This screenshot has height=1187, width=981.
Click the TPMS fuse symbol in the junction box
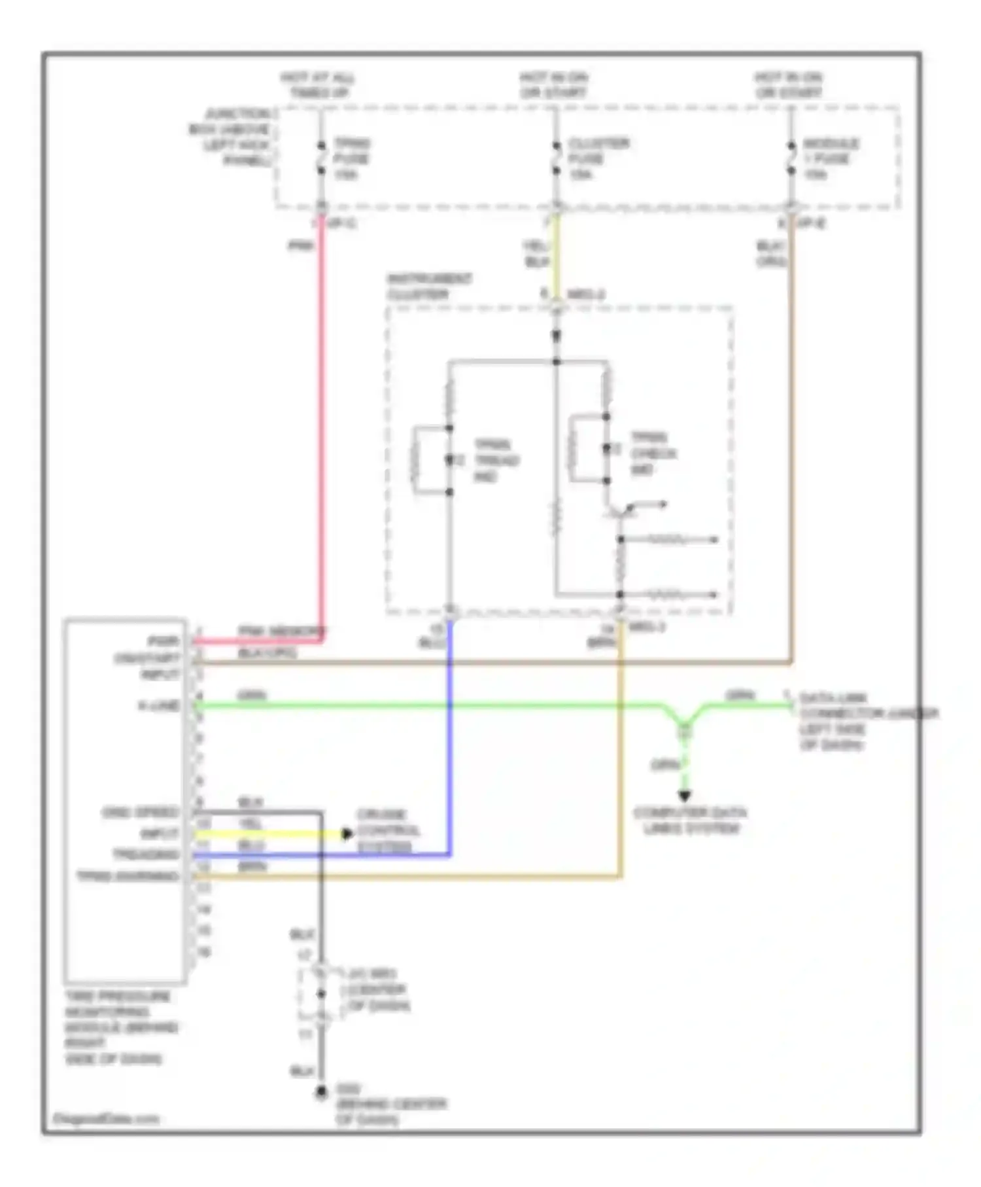point(321,158)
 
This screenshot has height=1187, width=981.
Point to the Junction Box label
point(232,137)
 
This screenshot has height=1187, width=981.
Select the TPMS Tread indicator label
point(496,461)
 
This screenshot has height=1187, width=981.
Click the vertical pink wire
point(322,425)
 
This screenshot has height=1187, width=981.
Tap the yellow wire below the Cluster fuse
point(556,255)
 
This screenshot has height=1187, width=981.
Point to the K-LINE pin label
point(159,705)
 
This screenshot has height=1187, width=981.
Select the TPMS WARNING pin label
point(128,876)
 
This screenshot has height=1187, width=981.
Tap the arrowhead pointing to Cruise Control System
point(347,834)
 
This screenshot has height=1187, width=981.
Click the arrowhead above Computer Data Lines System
point(684,796)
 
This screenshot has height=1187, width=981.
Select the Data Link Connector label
point(863,721)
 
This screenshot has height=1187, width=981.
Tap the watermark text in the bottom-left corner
point(105,1119)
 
